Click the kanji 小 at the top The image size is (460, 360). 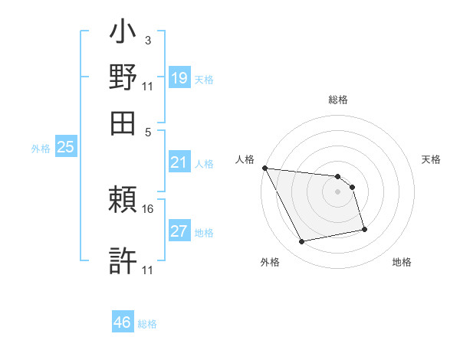click(123, 35)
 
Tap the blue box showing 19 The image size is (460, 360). click(179, 77)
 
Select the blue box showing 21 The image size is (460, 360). click(179, 162)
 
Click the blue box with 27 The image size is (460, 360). click(179, 231)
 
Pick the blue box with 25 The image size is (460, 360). click(66, 147)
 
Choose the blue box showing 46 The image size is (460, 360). click(123, 322)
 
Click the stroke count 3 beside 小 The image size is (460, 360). click(147, 39)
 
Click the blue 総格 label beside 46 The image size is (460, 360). click(147, 324)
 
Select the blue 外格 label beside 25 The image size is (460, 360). click(41, 149)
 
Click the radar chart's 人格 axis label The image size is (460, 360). click(245, 159)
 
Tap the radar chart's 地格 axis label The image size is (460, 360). click(402, 262)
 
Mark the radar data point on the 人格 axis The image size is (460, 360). click(264, 168)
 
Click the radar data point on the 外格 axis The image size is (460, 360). click(302, 242)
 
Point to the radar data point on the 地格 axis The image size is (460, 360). click(364, 229)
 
